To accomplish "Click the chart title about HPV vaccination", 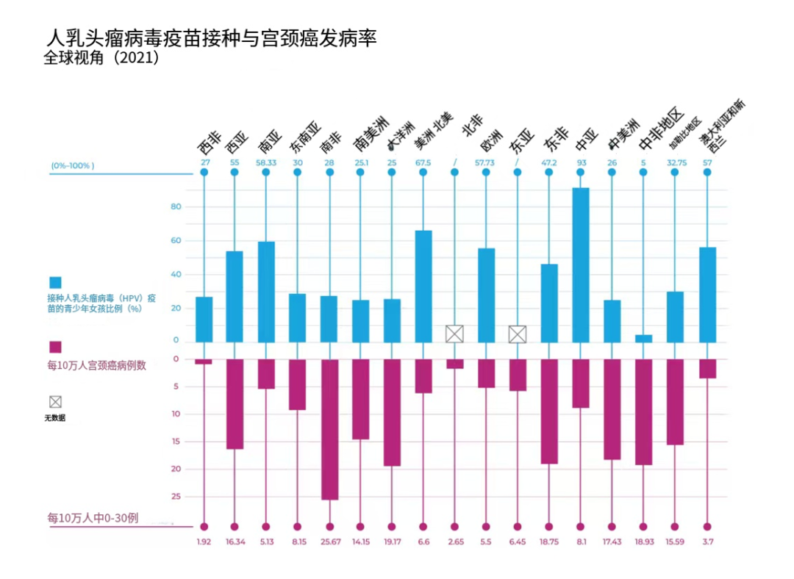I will (x=212, y=38).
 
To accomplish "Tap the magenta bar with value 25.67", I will (x=329, y=429).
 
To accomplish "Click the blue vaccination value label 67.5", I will (x=423, y=162).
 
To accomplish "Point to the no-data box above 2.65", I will (x=454, y=334).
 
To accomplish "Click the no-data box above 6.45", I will (x=518, y=334).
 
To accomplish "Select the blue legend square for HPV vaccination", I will (x=55, y=283).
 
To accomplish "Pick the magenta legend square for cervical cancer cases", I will (x=55, y=347).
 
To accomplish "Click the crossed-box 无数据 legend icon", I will (x=55, y=402).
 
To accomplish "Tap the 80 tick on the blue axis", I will (x=175, y=207).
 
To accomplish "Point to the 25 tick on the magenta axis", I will (x=176, y=497).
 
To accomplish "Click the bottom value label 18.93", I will (x=644, y=542).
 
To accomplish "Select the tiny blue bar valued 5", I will (x=644, y=338).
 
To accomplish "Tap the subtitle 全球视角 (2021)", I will (x=101, y=58).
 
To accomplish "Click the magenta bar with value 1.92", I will (x=204, y=362).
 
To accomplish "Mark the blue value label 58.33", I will (x=265, y=162).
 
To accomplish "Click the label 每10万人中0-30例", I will (x=93, y=518).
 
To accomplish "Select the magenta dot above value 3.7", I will (x=707, y=526).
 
